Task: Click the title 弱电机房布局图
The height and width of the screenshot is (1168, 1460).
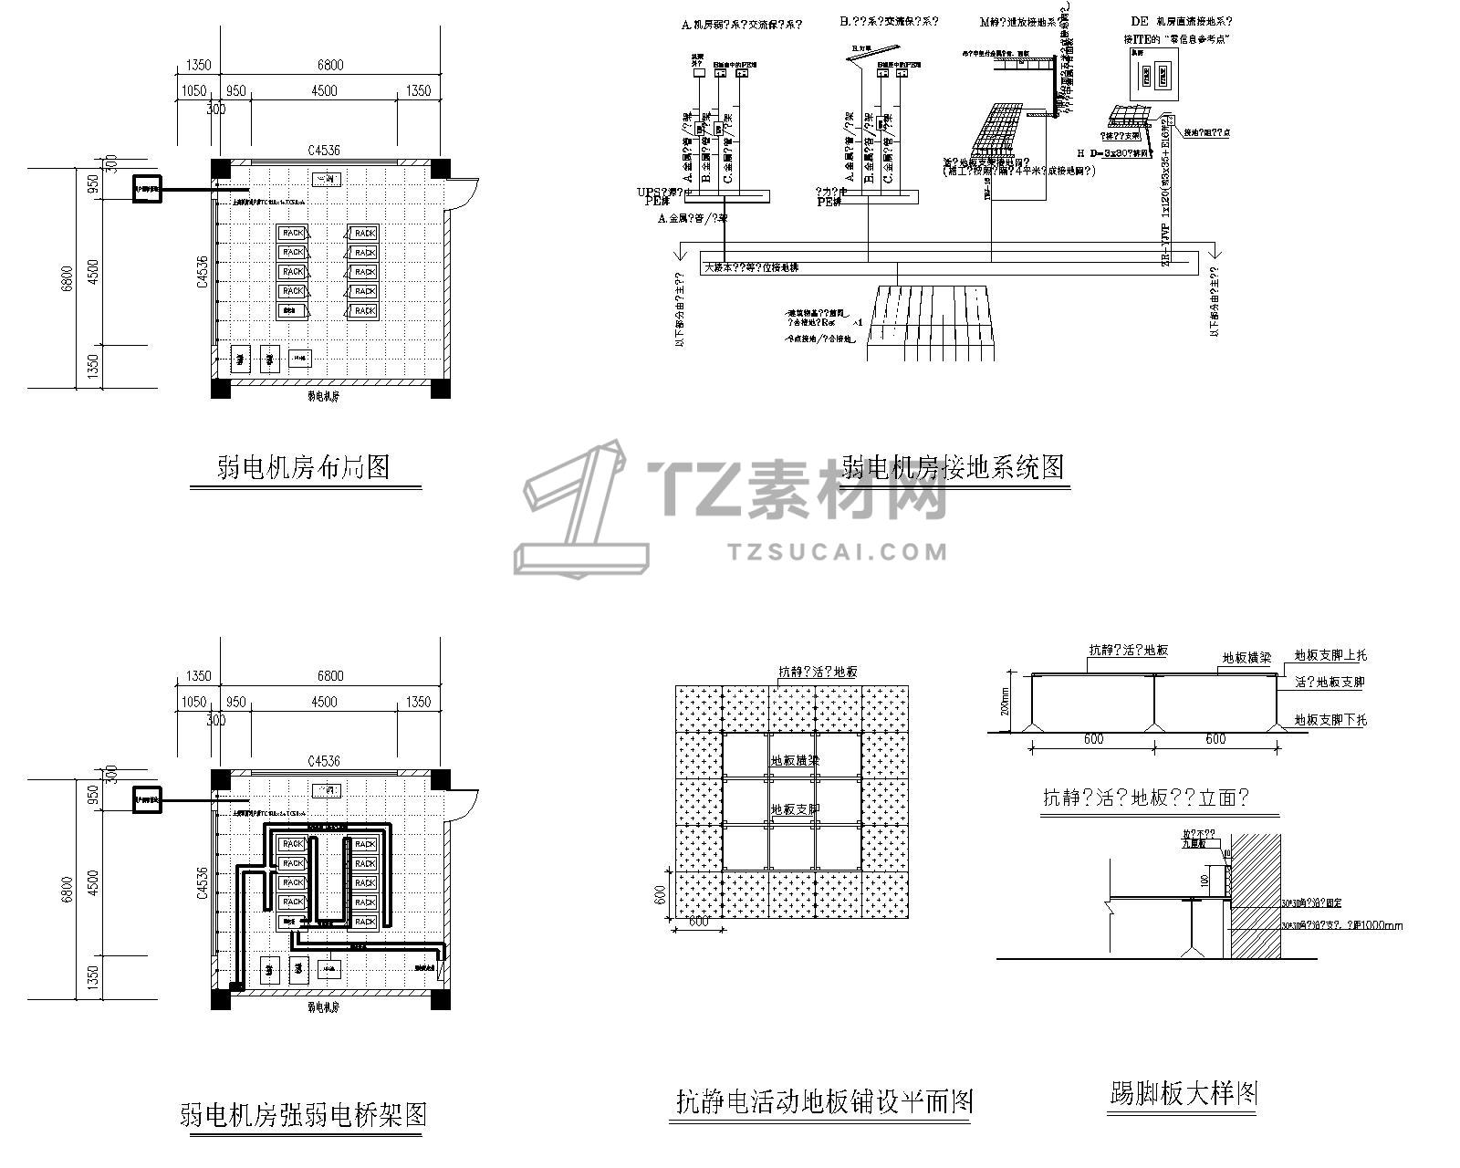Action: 304,467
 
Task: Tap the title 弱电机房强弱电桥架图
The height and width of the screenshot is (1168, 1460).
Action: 303,1114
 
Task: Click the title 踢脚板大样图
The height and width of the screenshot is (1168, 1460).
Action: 1184,1093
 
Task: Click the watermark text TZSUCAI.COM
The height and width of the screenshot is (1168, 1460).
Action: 839,551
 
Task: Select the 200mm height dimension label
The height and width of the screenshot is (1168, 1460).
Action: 1006,703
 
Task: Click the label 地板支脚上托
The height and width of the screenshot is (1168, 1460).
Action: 1330,655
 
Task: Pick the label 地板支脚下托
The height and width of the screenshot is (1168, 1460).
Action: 1330,719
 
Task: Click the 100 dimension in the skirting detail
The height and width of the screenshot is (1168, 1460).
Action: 1204,880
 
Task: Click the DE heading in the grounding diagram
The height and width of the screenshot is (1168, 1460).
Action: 1139,21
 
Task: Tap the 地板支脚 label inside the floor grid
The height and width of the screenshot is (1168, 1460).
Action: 795,808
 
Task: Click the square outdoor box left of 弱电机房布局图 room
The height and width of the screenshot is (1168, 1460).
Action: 147,189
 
